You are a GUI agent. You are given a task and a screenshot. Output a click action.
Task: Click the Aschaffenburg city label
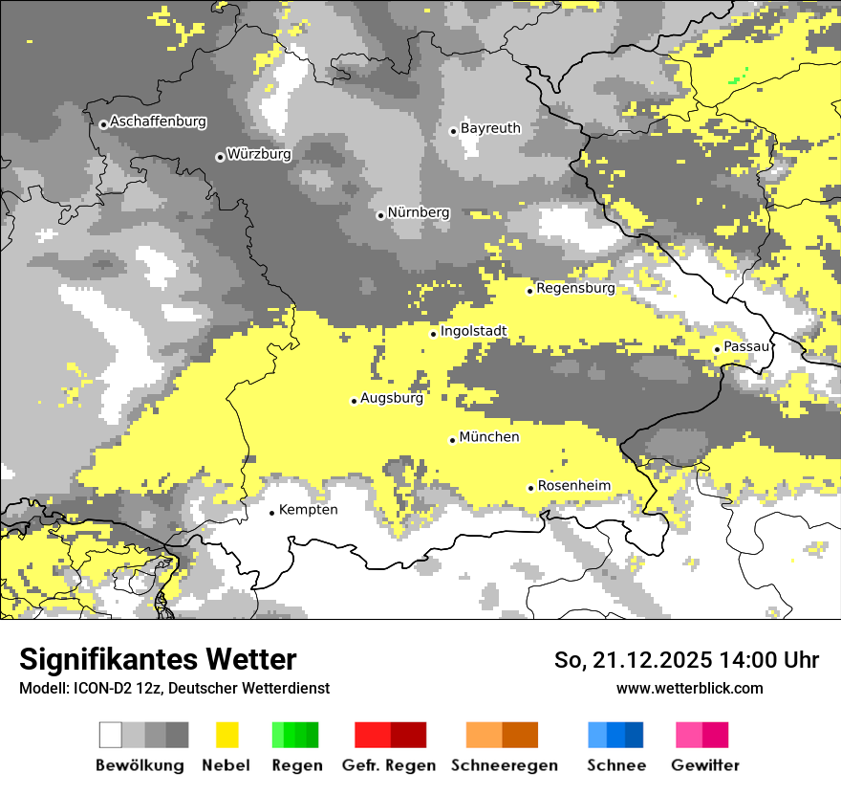(x=158, y=121)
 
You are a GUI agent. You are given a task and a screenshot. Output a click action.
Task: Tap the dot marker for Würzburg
(x=220, y=157)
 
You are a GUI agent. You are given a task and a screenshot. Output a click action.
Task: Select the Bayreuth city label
(x=490, y=128)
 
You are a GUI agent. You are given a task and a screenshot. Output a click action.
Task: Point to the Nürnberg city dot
(x=380, y=215)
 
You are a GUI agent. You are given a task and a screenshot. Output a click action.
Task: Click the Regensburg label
(x=575, y=288)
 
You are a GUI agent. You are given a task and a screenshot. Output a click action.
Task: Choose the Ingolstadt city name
(x=473, y=332)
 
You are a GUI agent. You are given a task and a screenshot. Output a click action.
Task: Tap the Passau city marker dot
(x=717, y=349)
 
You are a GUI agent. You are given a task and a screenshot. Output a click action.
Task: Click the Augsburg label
(x=391, y=398)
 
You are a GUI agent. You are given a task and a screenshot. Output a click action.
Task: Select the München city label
(x=489, y=437)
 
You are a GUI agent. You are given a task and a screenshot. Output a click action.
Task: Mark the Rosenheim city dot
(x=530, y=488)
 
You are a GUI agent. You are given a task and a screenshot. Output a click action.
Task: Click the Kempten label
(x=308, y=510)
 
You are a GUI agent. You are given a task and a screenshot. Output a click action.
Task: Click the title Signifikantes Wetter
(x=158, y=659)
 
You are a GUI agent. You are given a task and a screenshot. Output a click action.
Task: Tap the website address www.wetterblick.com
(x=690, y=688)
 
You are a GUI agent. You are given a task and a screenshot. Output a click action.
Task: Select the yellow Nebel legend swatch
(x=227, y=735)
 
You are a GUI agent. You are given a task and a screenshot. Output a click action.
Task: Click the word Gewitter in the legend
(x=704, y=765)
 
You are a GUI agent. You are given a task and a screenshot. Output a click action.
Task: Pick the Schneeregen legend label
(x=505, y=765)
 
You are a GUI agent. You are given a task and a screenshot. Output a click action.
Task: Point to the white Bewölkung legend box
(x=111, y=735)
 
